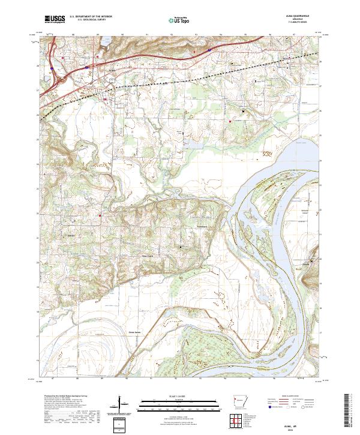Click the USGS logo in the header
pyautogui.click(x=55, y=19)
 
